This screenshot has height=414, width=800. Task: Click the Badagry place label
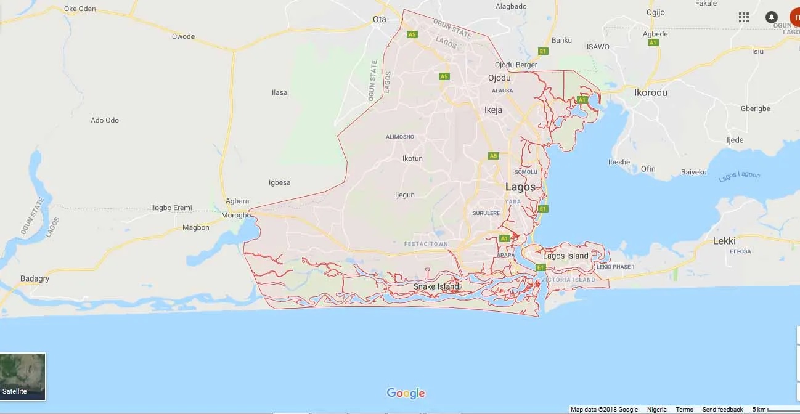pyautogui.click(x=35, y=278)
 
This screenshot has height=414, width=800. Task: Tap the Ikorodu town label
pyautogui.click(x=651, y=92)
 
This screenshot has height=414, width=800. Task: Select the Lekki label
pyautogui.click(x=724, y=241)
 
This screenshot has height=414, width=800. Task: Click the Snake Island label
pyautogui.click(x=436, y=286)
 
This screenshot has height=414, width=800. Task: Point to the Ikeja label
pyautogui.click(x=493, y=110)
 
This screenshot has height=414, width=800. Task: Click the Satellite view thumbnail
pyautogui.click(x=23, y=376)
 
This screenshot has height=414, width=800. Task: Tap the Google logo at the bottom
pyautogui.click(x=406, y=393)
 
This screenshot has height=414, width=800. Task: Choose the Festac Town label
pyautogui.click(x=426, y=244)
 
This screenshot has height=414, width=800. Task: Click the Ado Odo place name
pyautogui.click(x=105, y=120)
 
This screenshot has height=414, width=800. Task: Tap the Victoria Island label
pyautogui.click(x=568, y=280)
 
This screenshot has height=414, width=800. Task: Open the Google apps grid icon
pyautogui.click(x=744, y=17)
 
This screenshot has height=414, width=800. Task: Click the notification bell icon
pyautogui.click(x=771, y=17)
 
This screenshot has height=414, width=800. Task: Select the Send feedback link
pyautogui.click(x=722, y=410)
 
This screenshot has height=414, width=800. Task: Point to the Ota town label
pyautogui.click(x=380, y=19)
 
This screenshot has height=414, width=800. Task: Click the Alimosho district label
pyautogui.click(x=400, y=136)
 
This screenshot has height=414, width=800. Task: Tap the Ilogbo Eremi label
pyautogui.click(x=171, y=208)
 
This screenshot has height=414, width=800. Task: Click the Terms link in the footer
pyautogui.click(x=684, y=410)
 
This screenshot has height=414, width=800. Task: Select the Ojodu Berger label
pyautogui.click(x=516, y=65)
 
